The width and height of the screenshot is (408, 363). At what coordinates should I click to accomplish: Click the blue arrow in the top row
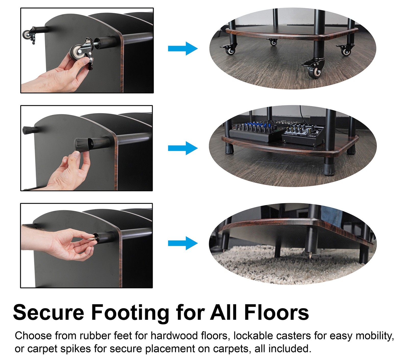pyautogui.click(x=183, y=48)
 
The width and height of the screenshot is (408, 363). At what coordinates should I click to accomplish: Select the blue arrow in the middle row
pyautogui.click(x=183, y=148)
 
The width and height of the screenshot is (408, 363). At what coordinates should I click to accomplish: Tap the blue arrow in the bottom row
pyautogui.click(x=183, y=243)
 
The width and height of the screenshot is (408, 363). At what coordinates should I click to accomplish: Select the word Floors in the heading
pyautogui.click(x=276, y=312)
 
